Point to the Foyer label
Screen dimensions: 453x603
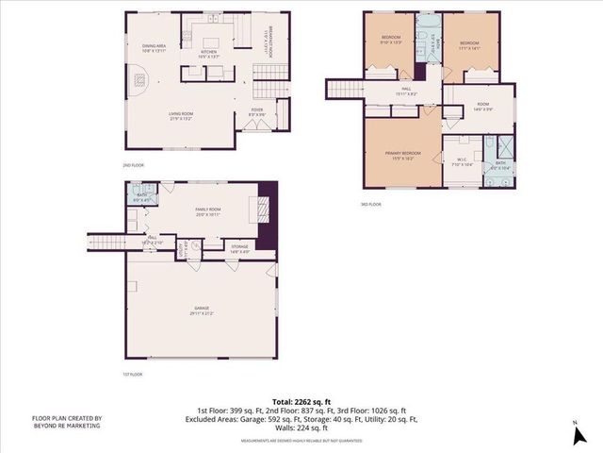pyautogui.click(x=256, y=112)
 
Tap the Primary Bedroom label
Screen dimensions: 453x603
pyautogui.click(x=402, y=155)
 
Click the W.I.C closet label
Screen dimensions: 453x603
pyautogui.click(x=461, y=161)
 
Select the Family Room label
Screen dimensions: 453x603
pyautogui.click(x=207, y=212)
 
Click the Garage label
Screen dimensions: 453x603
pyautogui.click(x=200, y=312)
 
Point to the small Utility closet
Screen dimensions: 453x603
pyautogui.click(x=195, y=247)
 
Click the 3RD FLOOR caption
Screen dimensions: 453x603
pyautogui.click(x=371, y=204)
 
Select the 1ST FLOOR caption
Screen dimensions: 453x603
pyautogui.click(x=132, y=375)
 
